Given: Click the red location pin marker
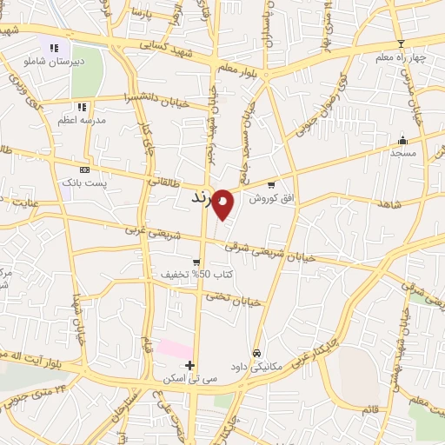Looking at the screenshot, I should pos(223,203).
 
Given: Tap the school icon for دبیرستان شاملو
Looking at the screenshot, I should pos(54,49).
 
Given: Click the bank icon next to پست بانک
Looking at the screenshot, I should pos(84,170).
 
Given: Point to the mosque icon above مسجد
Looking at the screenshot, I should pos(402,140).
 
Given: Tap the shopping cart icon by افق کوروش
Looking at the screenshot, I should pos(271,184).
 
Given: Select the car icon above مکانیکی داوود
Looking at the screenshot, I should pos(256,353).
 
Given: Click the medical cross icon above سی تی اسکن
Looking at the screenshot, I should pos(189,365).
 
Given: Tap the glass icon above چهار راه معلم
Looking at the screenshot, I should pos(401,44).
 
